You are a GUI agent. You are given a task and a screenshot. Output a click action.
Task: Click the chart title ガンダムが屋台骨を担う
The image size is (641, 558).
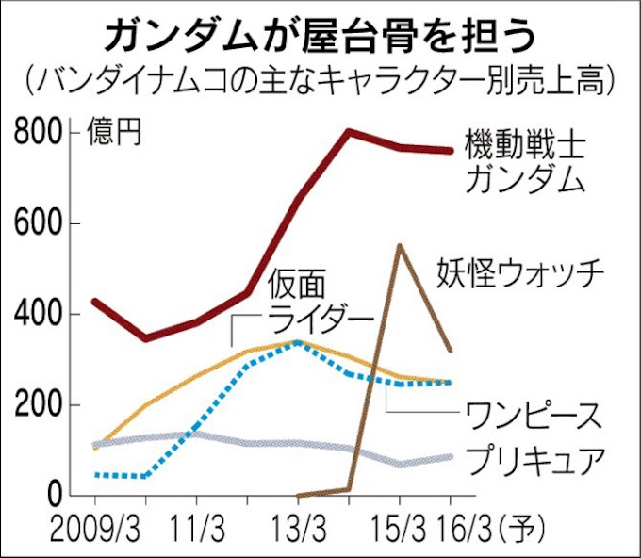[320, 35]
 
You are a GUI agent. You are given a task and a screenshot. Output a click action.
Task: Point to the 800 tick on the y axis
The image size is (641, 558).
[40, 134]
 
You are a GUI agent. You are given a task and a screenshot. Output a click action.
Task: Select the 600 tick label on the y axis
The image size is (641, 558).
[40, 224]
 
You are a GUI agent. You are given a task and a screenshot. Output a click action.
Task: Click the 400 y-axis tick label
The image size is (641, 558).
[40, 315]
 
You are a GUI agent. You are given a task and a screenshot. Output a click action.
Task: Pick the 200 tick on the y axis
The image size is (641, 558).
[40, 405]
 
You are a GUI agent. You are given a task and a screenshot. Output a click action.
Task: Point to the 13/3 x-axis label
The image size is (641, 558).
[298, 524]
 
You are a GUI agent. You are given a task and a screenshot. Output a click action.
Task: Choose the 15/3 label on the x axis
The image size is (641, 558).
[399, 524]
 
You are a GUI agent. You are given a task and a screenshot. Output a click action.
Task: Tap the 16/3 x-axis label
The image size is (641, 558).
[459, 524]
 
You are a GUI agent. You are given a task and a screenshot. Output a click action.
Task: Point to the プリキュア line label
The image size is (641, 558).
[533, 461]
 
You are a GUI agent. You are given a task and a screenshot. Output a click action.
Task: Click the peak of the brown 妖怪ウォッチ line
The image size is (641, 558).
[400, 246]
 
